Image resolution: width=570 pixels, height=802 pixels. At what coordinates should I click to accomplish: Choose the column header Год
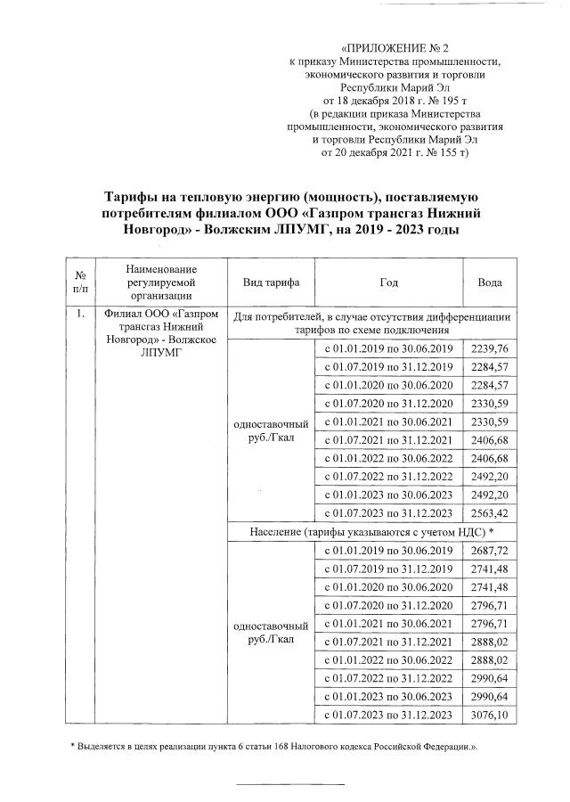(x=387, y=282)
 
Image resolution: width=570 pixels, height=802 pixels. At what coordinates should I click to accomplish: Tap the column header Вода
(x=490, y=282)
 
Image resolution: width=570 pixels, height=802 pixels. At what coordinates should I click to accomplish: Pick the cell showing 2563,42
(x=489, y=512)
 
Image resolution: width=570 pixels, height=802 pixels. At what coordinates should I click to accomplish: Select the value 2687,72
(x=489, y=553)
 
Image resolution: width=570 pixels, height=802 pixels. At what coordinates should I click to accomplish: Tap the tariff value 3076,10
(x=489, y=717)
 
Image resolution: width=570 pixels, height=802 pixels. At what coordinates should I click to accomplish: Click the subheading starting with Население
(x=371, y=533)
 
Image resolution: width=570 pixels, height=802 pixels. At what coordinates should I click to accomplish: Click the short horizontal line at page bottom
(x=289, y=785)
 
